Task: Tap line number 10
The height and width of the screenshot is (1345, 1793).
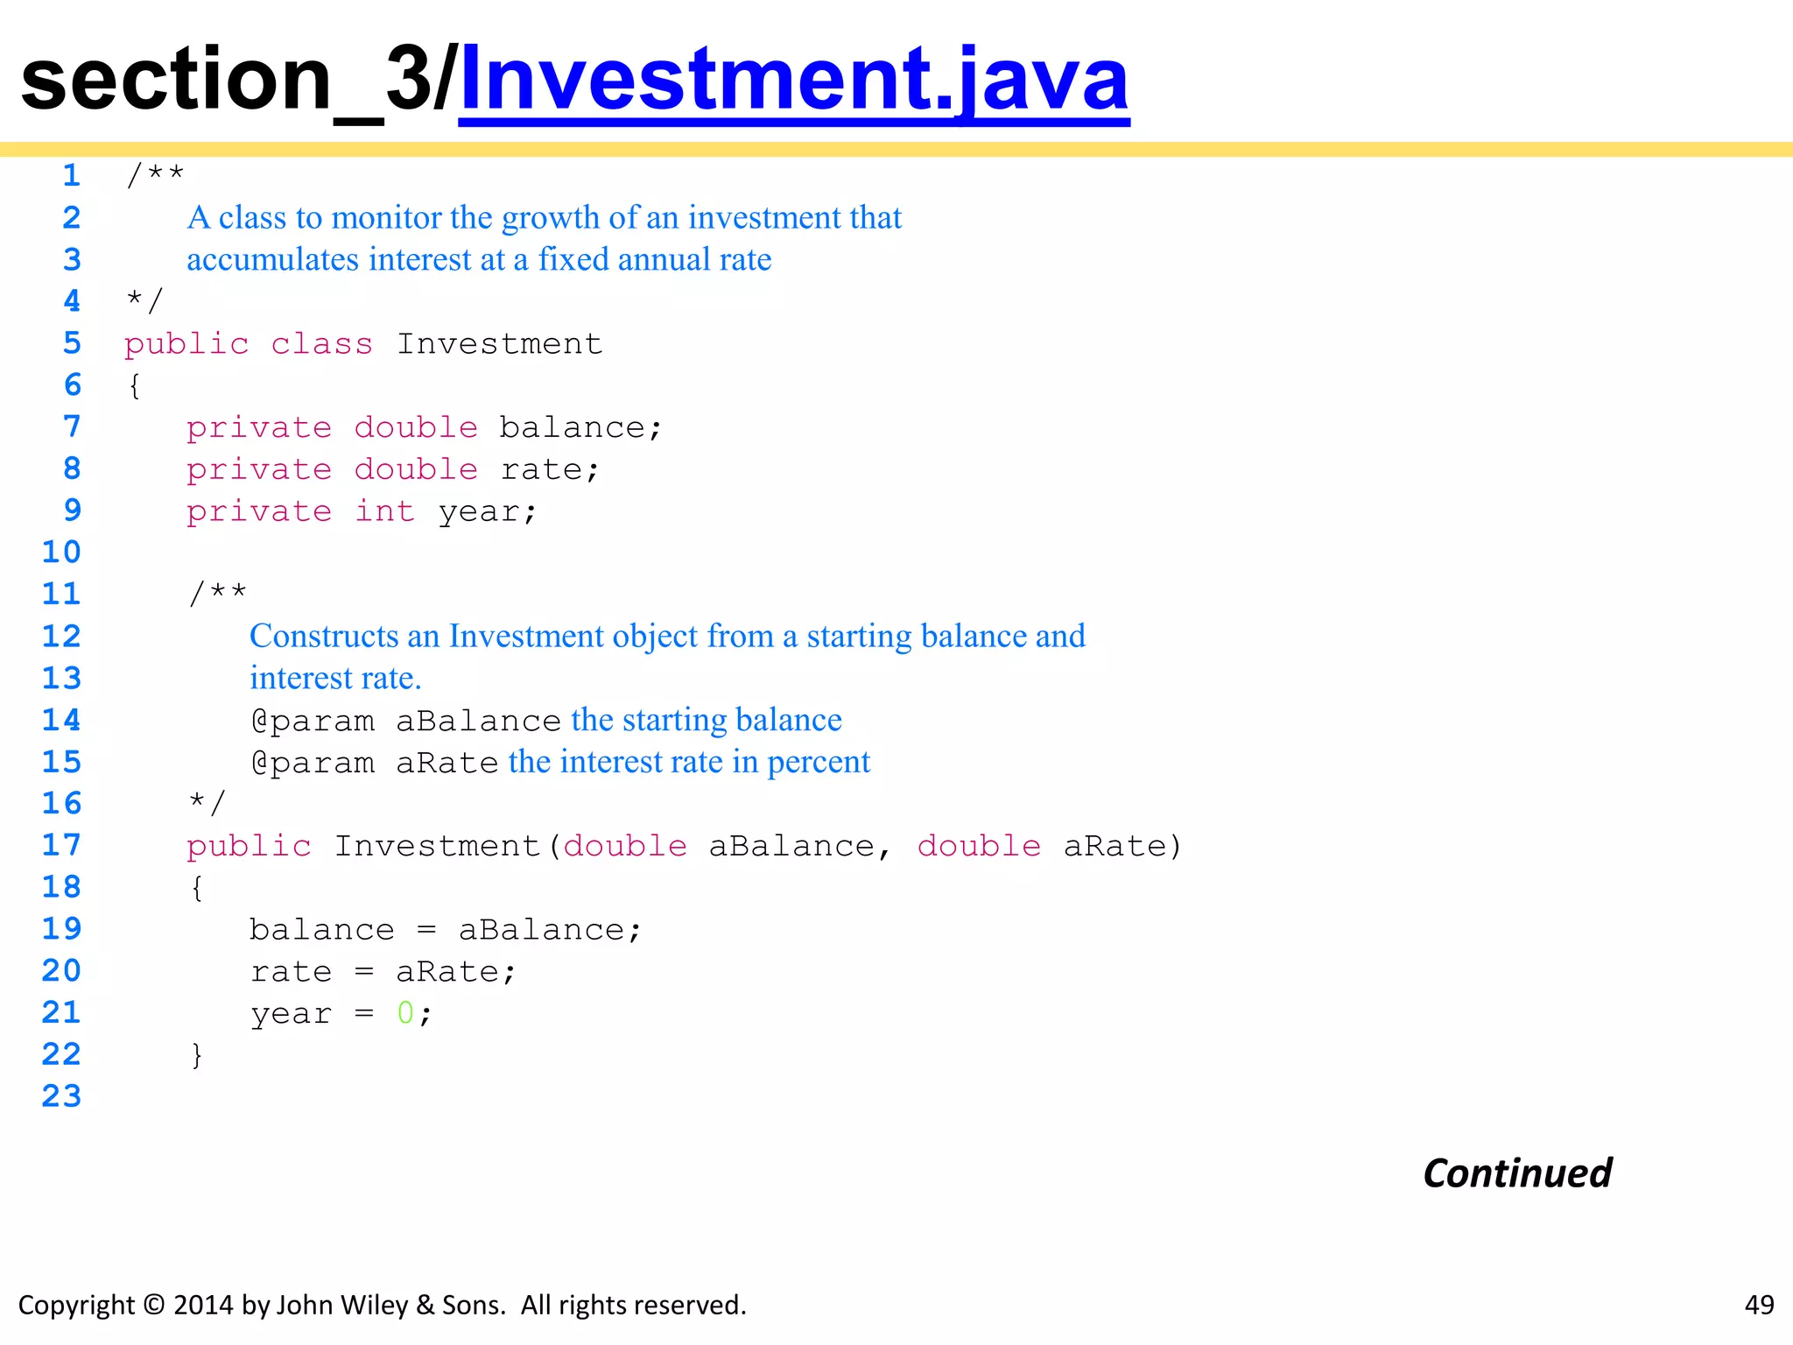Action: click(61, 553)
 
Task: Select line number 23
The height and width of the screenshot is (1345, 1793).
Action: click(61, 1096)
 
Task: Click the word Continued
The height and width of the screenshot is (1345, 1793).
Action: click(1517, 1173)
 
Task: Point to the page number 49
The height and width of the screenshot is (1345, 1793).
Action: click(1759, 1305)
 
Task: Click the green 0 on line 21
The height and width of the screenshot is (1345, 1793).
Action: click(404, 1013)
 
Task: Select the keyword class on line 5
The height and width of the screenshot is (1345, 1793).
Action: click(321, 344)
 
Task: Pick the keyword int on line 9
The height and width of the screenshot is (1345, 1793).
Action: click(384, 511)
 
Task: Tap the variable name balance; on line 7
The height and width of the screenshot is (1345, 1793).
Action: click(580, 428)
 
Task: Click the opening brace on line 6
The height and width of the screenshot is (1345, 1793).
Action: click(134, 386)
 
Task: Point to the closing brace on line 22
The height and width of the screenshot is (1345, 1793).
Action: click(197, 1055)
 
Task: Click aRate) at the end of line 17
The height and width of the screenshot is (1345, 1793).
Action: click(1122, 847)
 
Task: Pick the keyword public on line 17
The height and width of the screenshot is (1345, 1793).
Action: click(249, 847)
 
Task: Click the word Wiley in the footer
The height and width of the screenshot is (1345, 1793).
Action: click(372, 1306)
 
